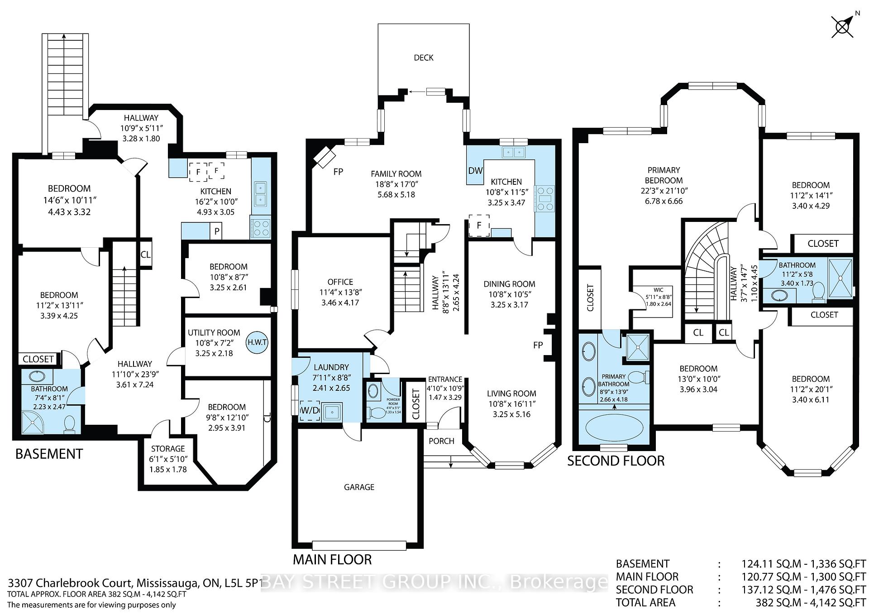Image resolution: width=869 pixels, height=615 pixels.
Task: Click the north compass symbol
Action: [842, 27]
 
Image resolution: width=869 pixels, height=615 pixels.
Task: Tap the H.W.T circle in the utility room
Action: [257, 342]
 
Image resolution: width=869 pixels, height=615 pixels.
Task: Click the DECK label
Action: [424, 58]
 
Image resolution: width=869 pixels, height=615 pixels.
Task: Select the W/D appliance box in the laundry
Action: [310, 411]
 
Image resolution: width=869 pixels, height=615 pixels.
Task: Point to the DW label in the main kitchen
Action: [475, 171]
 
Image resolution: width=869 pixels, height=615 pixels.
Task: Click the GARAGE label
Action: [359, 487]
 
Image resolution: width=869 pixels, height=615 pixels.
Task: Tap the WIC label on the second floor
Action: [658, 290]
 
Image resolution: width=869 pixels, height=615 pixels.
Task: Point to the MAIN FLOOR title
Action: [332, 560]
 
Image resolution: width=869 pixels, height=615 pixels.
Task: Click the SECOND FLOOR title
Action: [616, 461]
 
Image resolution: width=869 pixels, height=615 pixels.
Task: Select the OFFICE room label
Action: [340, 282]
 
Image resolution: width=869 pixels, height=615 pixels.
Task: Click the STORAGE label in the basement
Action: [167, 448]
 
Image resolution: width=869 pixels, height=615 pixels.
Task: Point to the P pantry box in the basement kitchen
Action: [217, 231]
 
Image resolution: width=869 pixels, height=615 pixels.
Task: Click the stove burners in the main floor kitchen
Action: [544, 198]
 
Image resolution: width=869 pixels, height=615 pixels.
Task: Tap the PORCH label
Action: [441, 441]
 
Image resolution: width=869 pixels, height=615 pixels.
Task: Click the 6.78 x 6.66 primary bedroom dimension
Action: [664, 201]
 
